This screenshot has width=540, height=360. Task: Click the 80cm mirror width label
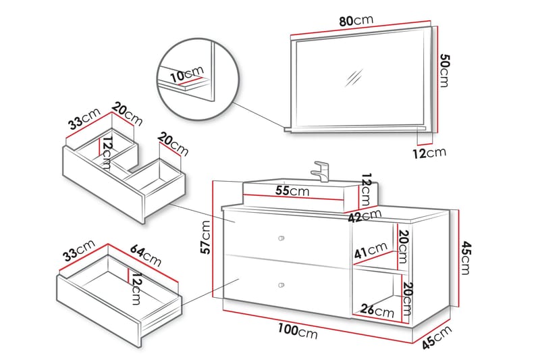pos(355,21)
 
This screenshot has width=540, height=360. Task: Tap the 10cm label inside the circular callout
pos(186,74)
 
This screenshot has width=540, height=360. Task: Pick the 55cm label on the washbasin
pos(292,191)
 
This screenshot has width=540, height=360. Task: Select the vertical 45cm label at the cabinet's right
pos(466,259)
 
